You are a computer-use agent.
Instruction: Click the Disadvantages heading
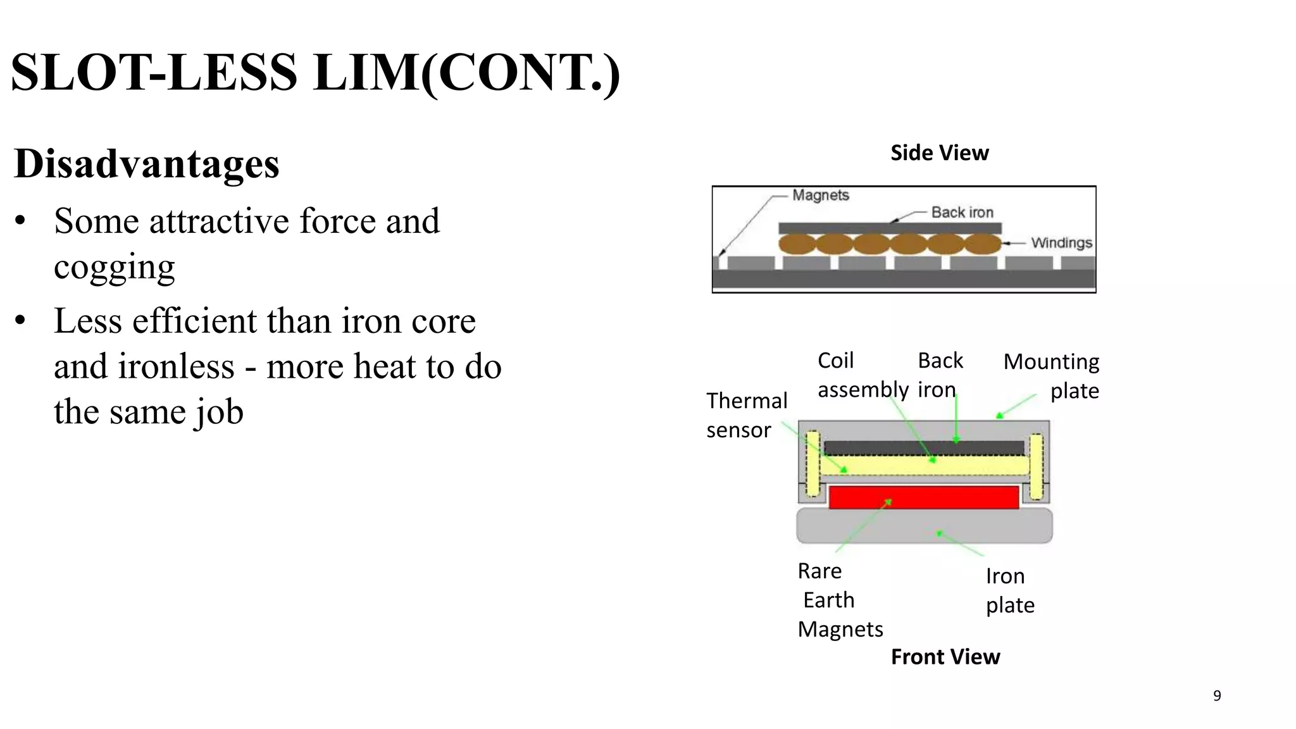[146, 164]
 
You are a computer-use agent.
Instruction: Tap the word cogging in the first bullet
[114, 266]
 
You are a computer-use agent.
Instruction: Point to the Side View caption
[939, 153]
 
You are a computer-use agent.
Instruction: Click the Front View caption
[945, 657]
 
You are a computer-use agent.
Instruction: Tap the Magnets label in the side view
[820, 196]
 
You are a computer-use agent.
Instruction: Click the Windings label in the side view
[1061, 243]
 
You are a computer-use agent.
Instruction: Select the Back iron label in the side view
[962, 213]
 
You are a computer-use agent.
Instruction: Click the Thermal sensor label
[746, 415]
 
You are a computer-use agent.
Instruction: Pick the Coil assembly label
[862, 375]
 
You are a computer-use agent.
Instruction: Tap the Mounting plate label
[1052, 376]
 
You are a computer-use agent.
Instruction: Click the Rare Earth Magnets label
[839, 600]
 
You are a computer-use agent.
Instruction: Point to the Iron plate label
[1010, 590]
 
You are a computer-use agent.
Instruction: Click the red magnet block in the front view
[923, 497]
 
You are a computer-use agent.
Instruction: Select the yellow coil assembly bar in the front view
[923, 466]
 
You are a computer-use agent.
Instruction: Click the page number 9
[1217, 696]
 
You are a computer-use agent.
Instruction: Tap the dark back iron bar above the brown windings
[890, 228]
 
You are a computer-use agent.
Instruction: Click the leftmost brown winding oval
[797, 244]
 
